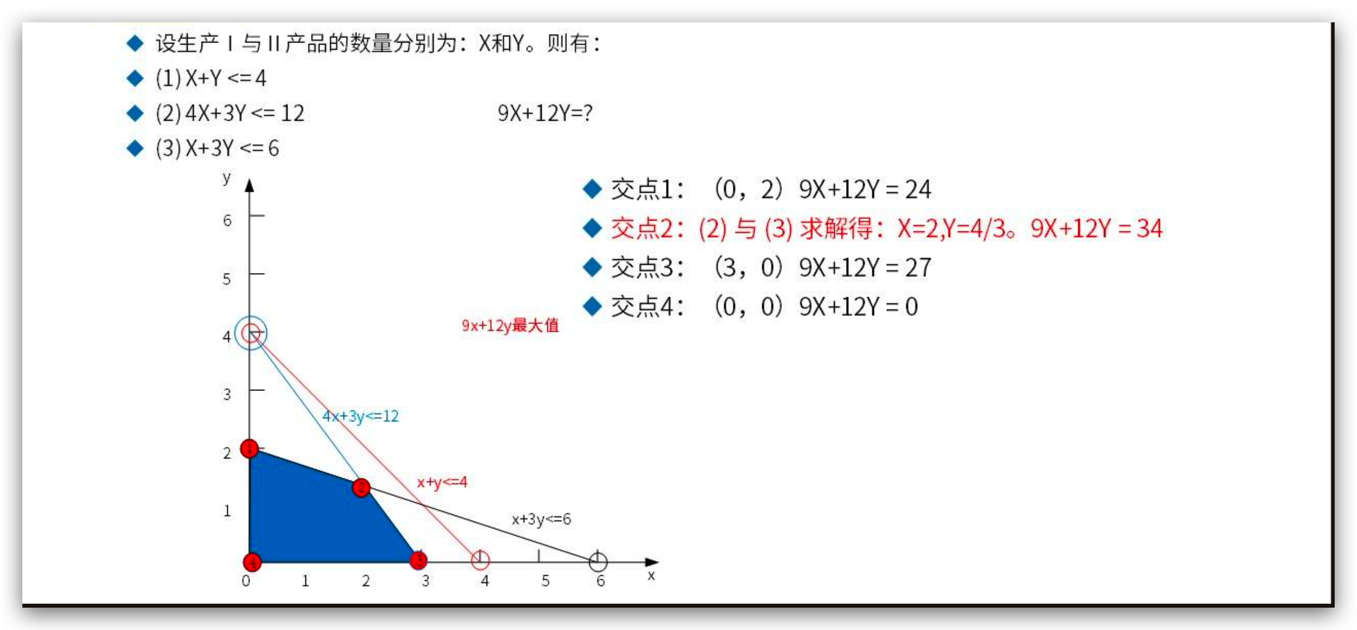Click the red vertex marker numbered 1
tap(249, 448)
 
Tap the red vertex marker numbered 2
tap(361, 488)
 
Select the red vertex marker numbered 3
tap(418, 560)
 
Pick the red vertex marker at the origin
tap(252, 562)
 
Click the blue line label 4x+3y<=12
tap(360, 416)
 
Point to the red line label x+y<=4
tap(442, 482)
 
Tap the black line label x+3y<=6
tap(541, 519)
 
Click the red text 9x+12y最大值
tap(510, 325)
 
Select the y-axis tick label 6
tap(227, 221)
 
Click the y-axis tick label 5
tap(226, 279)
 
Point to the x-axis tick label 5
tap(545, 581)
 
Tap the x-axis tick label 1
tap(305, 581)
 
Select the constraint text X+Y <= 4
tap(226, 78)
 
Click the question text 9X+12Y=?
tap(544, 113)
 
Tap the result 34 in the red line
tap(1150, 228)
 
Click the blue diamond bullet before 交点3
tap(592, 268)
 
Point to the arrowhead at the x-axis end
tap(652, 562)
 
